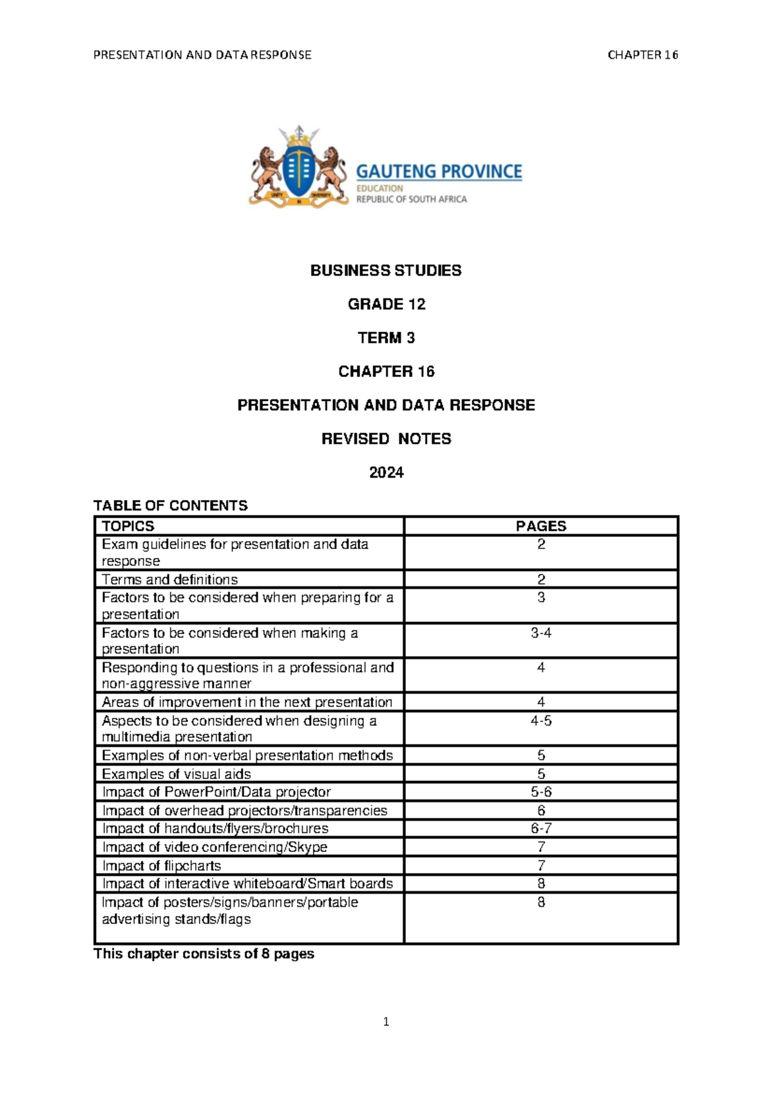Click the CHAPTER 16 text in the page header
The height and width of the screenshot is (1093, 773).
pyautogui.click(x=642, y=55)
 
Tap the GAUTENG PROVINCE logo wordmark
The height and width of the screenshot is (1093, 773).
pyautogui.click(x=439, y=171)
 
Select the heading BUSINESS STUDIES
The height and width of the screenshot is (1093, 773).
pyautogui.click(x=386, y=271)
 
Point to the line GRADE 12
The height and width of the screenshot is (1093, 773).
pyautogui.click(x=386, y=304)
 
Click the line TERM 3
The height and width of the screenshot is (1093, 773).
pyautogui.click(x=386, y=338)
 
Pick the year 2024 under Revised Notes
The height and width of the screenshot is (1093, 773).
pyautogui.click(x=386, y=472)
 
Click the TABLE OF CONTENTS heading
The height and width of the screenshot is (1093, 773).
pyautogui.click(x=171, y=505)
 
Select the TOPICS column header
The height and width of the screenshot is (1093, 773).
pyautogui.click(x=128, y=526)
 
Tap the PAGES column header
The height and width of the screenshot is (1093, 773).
pyautogui.click(x=540, y=526)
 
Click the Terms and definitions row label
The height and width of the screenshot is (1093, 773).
pyautogui.click(x=170, y=579)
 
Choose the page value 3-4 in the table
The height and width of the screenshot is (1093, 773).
pyautogui.click(x=540, y=633)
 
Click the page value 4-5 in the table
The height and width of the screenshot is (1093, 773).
pyautogui.click(x=540, y=721)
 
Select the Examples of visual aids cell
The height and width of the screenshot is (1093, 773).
pyautogui.click(x=177, y=774)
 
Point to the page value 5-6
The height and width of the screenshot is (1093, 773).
pyautogui.click(x=540, y=792)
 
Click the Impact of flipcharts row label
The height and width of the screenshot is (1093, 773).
pyautogui.click(x=162, y=866)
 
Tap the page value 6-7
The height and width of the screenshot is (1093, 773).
pyautogui.click(x=540, y=828)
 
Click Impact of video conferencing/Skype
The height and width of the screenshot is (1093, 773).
pyautogui.click(x=215, y=847)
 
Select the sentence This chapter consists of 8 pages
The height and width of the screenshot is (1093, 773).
pyautogui.click(x=204, y=954)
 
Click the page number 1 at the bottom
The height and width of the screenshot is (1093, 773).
pyautogui.click(x=386, y=1021)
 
